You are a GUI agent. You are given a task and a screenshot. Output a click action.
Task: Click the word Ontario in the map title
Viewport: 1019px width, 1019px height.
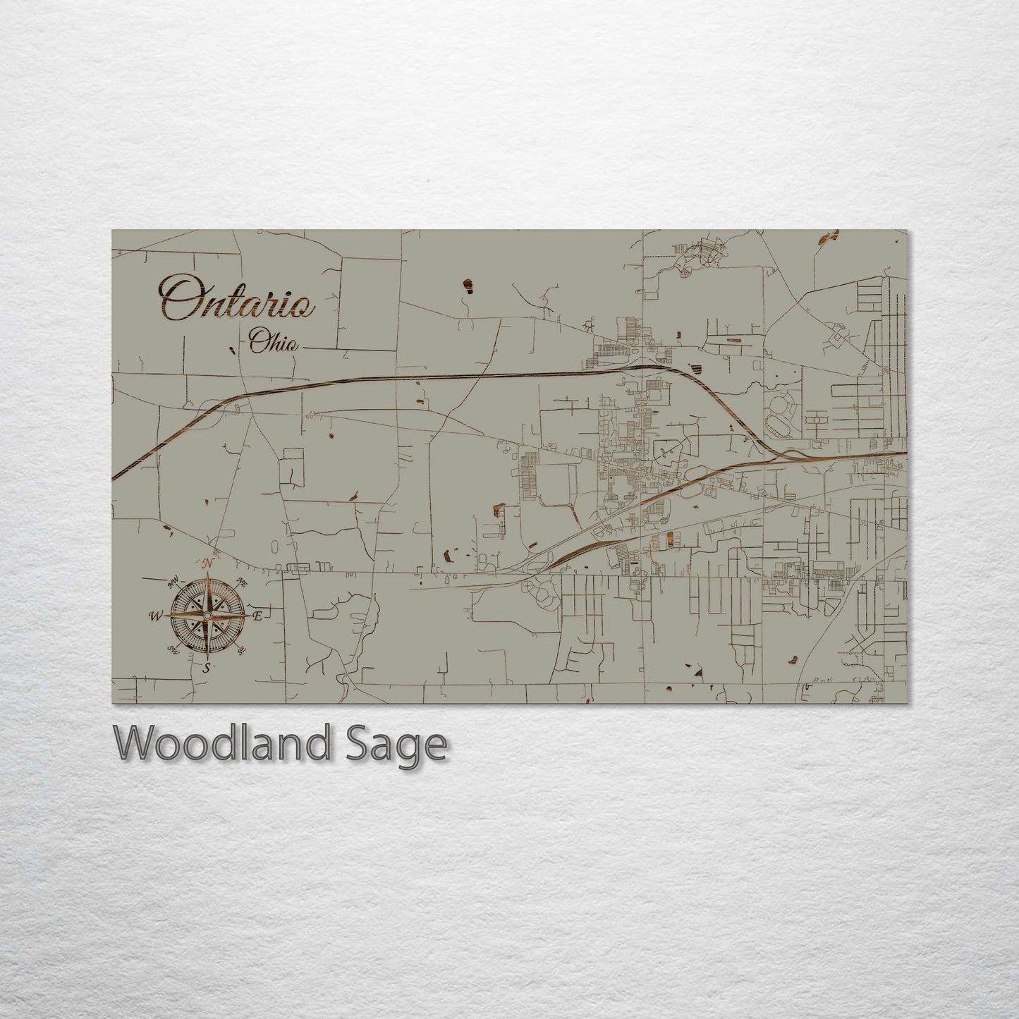tap(237, 297)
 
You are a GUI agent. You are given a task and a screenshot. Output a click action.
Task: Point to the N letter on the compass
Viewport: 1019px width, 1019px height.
tap(208, 563)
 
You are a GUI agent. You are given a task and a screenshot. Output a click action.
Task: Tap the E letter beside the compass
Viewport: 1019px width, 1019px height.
tap(258, 617)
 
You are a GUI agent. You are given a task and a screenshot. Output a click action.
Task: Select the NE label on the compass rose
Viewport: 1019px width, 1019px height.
tap(242, 582)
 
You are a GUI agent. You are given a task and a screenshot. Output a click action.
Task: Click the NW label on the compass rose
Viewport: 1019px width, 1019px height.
tap(171, 583)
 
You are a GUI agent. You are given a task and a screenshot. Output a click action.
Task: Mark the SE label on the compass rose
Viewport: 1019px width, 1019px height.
tap(241, 650)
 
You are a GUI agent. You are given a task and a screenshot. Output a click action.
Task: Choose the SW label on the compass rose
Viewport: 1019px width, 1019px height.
tap(172, 650)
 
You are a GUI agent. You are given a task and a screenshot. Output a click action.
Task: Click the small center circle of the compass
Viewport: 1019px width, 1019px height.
tap(207, 616)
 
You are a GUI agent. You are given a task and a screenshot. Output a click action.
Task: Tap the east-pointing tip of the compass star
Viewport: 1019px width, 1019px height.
tap(248, 616)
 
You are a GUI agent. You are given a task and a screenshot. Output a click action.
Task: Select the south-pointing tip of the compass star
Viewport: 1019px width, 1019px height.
tap(207, 659)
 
